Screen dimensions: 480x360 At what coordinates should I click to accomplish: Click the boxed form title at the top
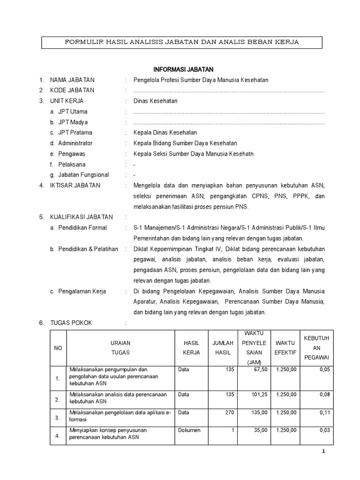(x=181, y=42)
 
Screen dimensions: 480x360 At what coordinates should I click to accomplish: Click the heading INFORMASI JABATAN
(x=183, y=69)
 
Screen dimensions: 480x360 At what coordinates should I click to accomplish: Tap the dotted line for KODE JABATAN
(x=229, y=91)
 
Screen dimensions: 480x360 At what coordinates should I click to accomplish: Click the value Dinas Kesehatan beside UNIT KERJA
(x=155, y=101)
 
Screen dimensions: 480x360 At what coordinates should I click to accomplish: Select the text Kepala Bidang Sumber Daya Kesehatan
(x=185, y=143)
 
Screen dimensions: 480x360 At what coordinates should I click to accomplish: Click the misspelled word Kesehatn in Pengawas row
(x=242, y=154)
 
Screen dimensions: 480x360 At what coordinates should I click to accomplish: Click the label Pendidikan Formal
(x=82, y=228)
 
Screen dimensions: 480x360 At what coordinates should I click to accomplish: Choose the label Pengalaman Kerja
(x=82, y=291)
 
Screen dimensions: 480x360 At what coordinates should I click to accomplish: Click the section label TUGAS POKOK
(x=71, y=323)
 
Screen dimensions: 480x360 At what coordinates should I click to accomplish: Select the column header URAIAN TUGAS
(x=120, y=347)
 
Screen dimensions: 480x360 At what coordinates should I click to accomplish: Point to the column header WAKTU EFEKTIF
(x=285, y=347)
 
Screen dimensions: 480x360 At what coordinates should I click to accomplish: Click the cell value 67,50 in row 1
(x=259, y=369)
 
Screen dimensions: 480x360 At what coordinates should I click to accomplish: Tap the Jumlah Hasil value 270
(x=229, y=412)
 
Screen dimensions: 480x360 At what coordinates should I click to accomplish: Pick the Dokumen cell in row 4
(x=189, y=430)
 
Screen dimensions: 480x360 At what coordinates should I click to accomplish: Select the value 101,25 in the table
(x=259, y=395)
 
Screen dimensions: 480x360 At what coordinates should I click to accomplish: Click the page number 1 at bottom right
(x=322, y=451)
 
